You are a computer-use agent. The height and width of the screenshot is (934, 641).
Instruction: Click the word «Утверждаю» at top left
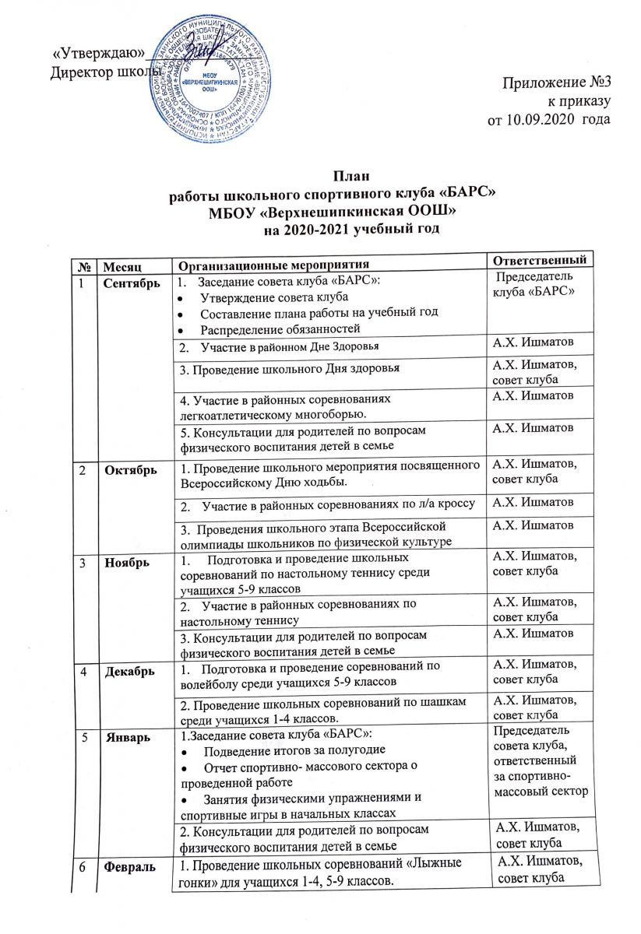coord(98,53)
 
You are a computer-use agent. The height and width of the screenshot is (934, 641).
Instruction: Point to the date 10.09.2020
coord(541,118)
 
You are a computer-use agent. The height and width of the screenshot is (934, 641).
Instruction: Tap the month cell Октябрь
coord(128,471)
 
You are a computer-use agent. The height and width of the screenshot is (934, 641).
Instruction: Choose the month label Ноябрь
coord(124,560)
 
